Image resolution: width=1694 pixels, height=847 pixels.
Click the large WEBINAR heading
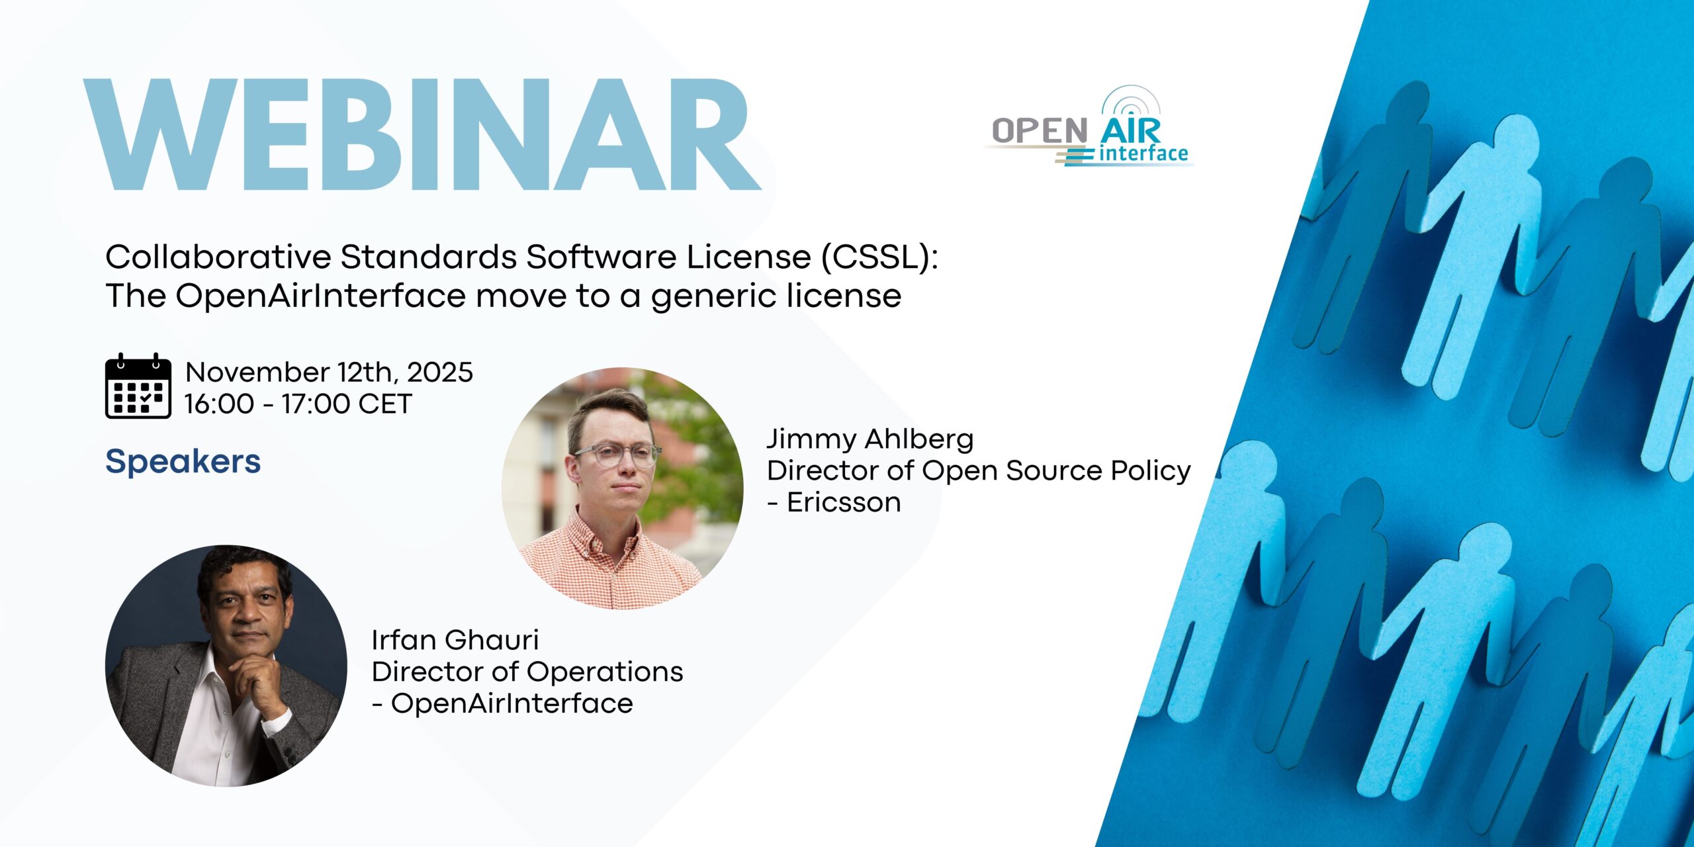422,135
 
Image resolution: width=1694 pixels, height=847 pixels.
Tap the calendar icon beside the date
138,386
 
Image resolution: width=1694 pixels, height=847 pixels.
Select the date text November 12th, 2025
329,373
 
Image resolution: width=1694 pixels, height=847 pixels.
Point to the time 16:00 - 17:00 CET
298,404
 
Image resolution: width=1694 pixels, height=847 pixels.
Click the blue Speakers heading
183,461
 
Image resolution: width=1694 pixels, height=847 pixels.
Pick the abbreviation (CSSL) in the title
879,257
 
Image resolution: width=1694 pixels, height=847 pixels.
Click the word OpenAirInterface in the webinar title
320,295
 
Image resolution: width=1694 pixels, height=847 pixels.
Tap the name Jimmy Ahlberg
870,439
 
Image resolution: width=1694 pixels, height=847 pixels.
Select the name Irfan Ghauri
455,640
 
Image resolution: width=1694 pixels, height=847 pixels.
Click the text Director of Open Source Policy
979,470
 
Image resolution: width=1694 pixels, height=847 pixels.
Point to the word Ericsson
844,502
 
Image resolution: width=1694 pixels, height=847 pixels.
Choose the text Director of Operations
527,672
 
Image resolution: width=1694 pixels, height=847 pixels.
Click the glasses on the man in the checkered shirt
617,455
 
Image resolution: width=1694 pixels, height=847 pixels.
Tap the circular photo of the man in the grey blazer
226,666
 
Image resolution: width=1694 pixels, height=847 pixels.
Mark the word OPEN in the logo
1040,130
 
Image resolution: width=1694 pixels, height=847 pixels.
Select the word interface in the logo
1143,154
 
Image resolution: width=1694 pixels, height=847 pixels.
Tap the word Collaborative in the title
218,257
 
